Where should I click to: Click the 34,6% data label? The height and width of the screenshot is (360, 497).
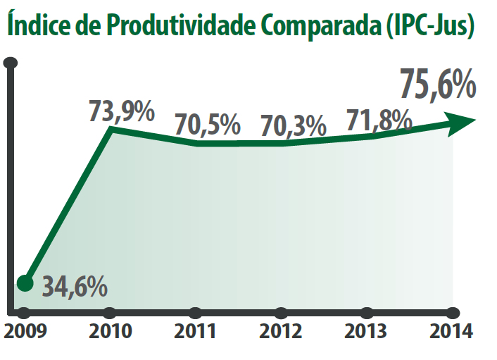(75, 287)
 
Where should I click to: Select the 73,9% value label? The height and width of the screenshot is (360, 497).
(121, 112)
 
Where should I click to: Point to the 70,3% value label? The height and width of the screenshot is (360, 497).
(293, 127)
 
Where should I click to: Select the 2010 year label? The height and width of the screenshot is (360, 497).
(109, 332)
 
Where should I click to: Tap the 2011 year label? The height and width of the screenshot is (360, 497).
(195, 332)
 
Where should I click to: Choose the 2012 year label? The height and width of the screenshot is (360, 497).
(281, 332)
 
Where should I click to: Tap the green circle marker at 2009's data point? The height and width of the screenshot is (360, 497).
(25, 283)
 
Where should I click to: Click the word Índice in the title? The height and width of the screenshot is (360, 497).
(32, 25)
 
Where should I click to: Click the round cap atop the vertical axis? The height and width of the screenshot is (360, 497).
(11, 63)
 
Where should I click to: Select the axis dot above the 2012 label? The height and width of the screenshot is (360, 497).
(281, 312)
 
